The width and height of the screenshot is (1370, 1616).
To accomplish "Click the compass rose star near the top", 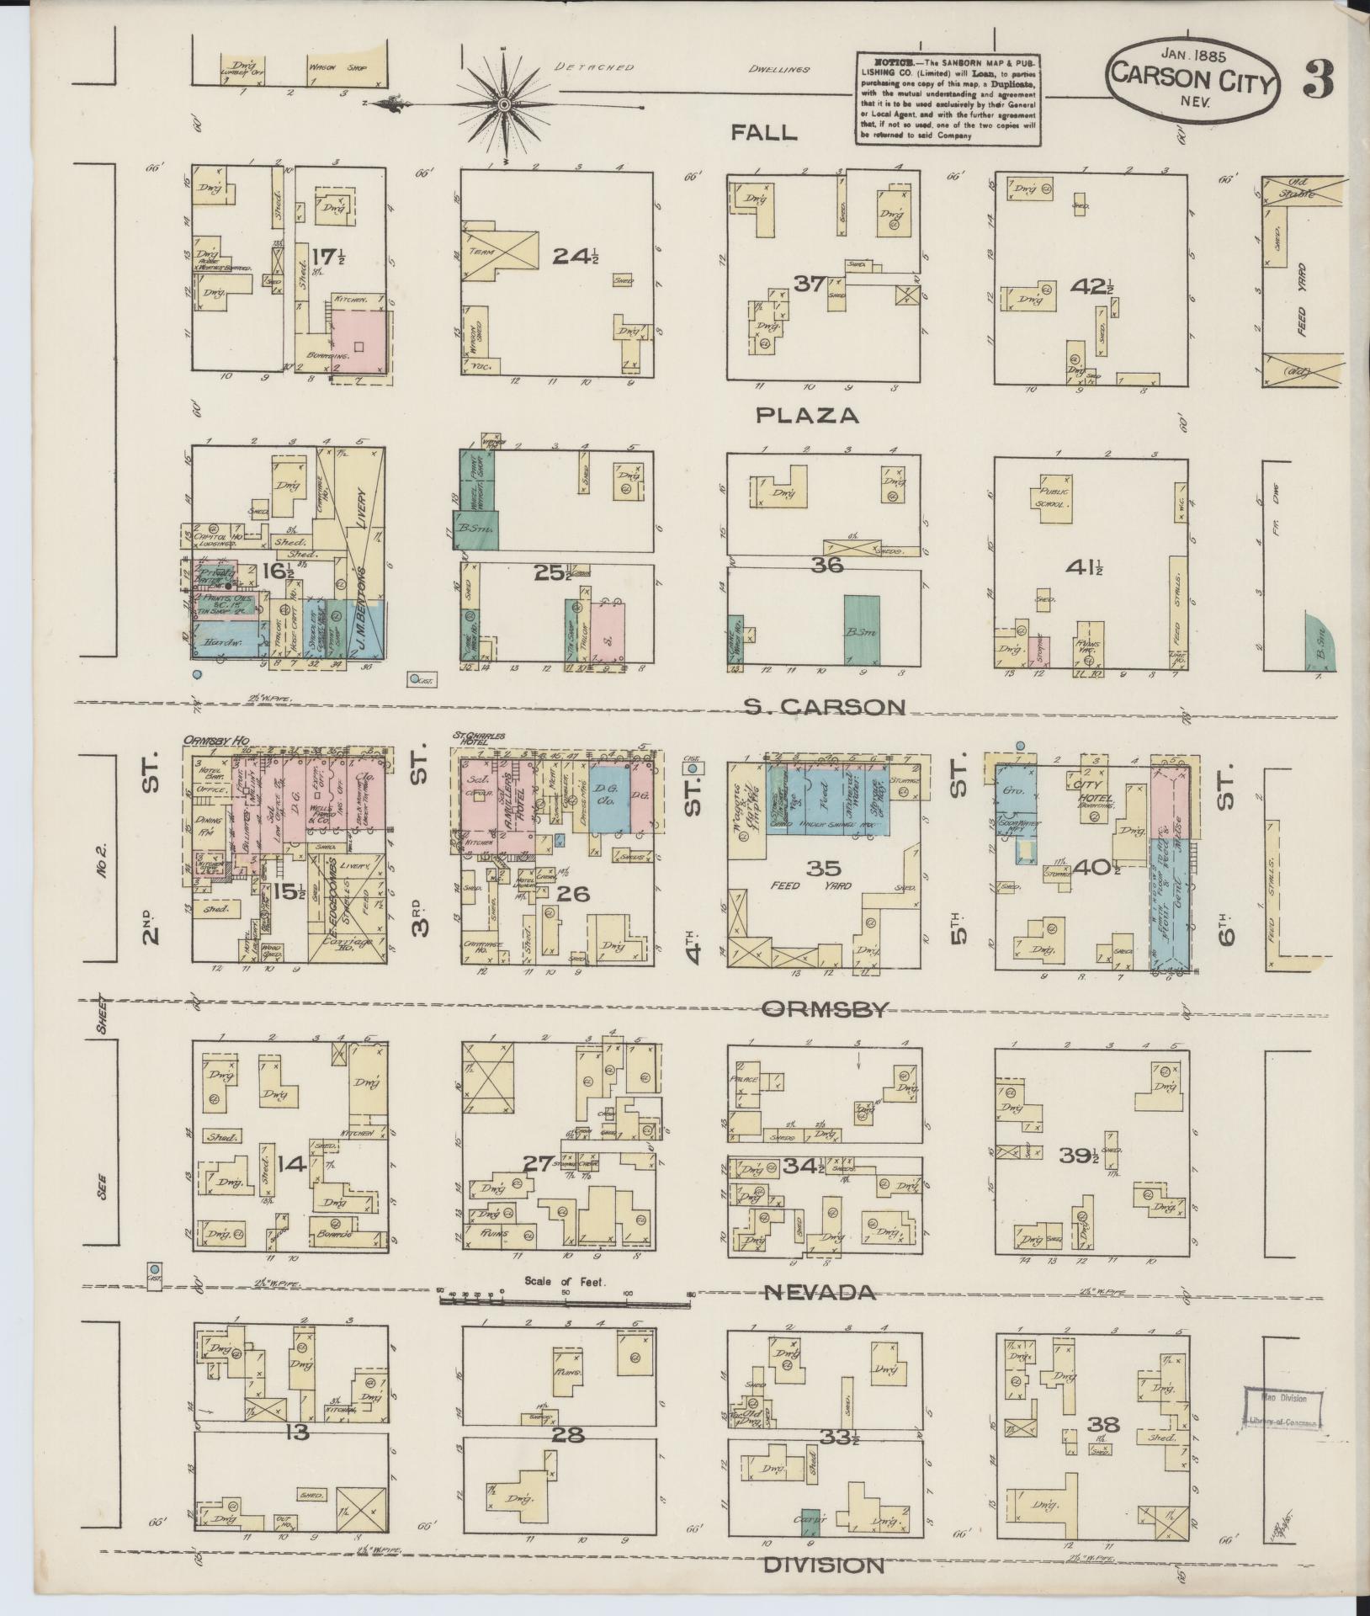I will pos(503,104).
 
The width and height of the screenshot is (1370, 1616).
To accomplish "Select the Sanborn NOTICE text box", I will pos(948,98).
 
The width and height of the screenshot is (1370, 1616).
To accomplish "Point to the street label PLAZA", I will pos(806,415).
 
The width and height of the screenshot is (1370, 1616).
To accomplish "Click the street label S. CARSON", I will pos(825,707).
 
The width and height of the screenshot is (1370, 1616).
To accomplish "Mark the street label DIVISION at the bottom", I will pos(824,1565).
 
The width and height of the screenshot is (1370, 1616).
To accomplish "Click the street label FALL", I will pos(763,132).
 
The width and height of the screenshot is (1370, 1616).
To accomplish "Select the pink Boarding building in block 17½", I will pos(359,340).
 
